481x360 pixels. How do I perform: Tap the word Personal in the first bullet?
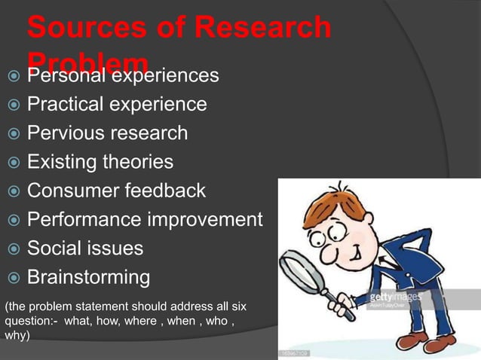coord(68,75)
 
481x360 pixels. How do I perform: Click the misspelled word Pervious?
coord(64,133)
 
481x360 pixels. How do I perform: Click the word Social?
coord(53,249)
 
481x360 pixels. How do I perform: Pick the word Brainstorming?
coord(88,277)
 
